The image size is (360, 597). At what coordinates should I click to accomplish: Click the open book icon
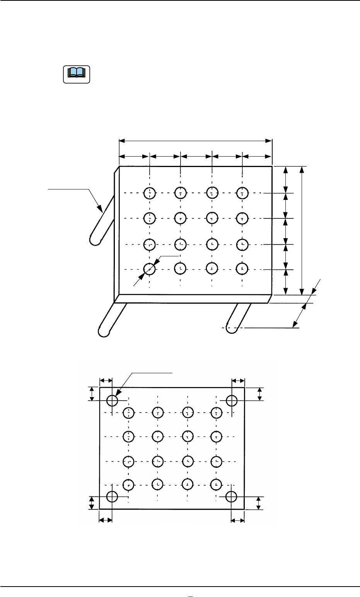(76, 73)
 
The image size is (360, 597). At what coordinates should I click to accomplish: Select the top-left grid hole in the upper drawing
(150, 193)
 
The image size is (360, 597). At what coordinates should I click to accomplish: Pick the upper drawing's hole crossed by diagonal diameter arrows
(150, 268)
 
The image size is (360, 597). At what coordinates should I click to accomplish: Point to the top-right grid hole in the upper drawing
(242, 193)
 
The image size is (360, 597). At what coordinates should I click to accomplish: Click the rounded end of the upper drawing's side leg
(95, 239)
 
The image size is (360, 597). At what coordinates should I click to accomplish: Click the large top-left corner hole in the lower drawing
(112, 400)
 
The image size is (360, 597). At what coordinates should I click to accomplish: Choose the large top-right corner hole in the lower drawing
(232, 400)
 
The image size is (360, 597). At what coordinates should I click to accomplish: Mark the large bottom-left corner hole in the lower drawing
(112, 496)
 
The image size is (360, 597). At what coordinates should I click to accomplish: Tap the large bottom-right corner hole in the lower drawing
(231, 496)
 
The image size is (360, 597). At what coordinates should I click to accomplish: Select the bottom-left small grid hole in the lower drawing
(128, 484)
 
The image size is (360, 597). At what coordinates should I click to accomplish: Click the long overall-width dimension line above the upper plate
(196, 141)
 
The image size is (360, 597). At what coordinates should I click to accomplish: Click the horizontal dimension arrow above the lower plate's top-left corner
(106, 380)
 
